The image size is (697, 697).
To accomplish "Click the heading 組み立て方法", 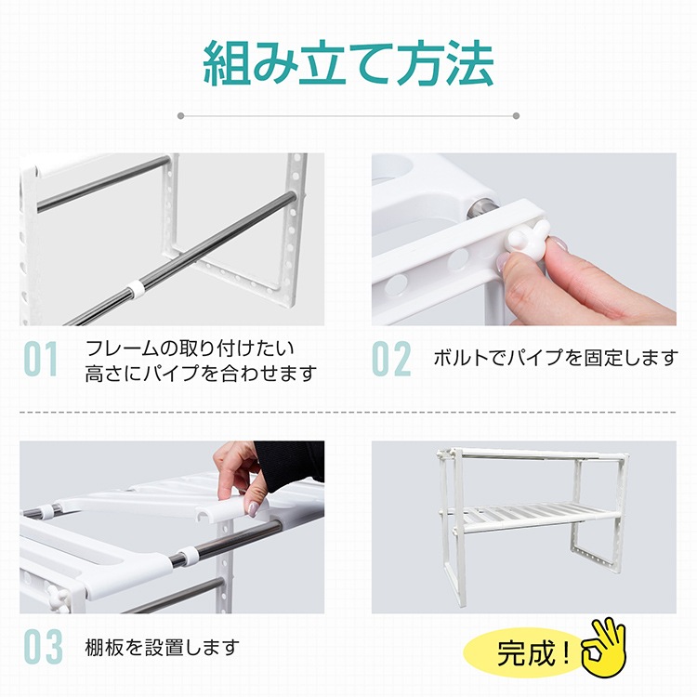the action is [x=348, y=63].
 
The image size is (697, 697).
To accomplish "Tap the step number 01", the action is [x=41, y=359].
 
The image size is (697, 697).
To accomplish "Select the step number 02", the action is [x=391, y=359].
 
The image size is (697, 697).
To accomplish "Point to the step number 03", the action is [x=43, y=647].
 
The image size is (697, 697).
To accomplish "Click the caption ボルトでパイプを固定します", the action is [x=556, y=358].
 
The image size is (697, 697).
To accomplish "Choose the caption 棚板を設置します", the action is [x=163, y=647].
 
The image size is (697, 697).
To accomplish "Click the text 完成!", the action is [x=533, y=653].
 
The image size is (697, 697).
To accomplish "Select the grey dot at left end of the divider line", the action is [x=180, y=116].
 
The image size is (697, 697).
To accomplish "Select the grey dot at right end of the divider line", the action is [x=516, y=116].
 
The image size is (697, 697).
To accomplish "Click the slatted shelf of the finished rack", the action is [x=533, y=515].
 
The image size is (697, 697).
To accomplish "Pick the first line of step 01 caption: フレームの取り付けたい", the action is [x=190, y=348].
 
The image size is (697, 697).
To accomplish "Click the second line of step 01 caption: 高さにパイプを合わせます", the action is [x=201, y=374].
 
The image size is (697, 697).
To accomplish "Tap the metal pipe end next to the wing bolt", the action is [x=480, y=208].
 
